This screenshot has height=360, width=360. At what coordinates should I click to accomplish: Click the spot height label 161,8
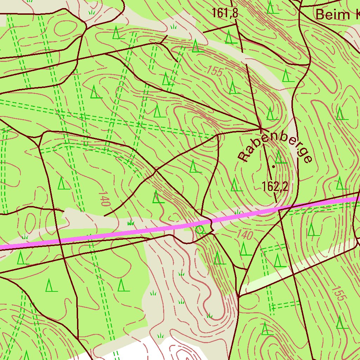(x=225, y=13)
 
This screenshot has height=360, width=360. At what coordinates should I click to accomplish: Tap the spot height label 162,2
(x=275, y=187)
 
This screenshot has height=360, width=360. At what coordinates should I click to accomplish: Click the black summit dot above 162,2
(x=273, y=166)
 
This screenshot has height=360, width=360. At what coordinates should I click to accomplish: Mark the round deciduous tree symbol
(x=200, y=230)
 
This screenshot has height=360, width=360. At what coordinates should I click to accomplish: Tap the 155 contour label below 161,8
(x=214, y=71)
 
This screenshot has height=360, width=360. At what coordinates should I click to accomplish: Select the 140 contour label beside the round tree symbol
(x=245, y=235)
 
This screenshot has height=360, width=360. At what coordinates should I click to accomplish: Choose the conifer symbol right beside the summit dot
(x=280, y=157)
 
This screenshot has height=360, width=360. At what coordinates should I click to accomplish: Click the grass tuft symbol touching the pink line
(x=238, y=212)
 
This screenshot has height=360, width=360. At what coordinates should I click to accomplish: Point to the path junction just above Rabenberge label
(x=261, y=128)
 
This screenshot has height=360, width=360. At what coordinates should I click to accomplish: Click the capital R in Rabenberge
(x=243, y=156)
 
